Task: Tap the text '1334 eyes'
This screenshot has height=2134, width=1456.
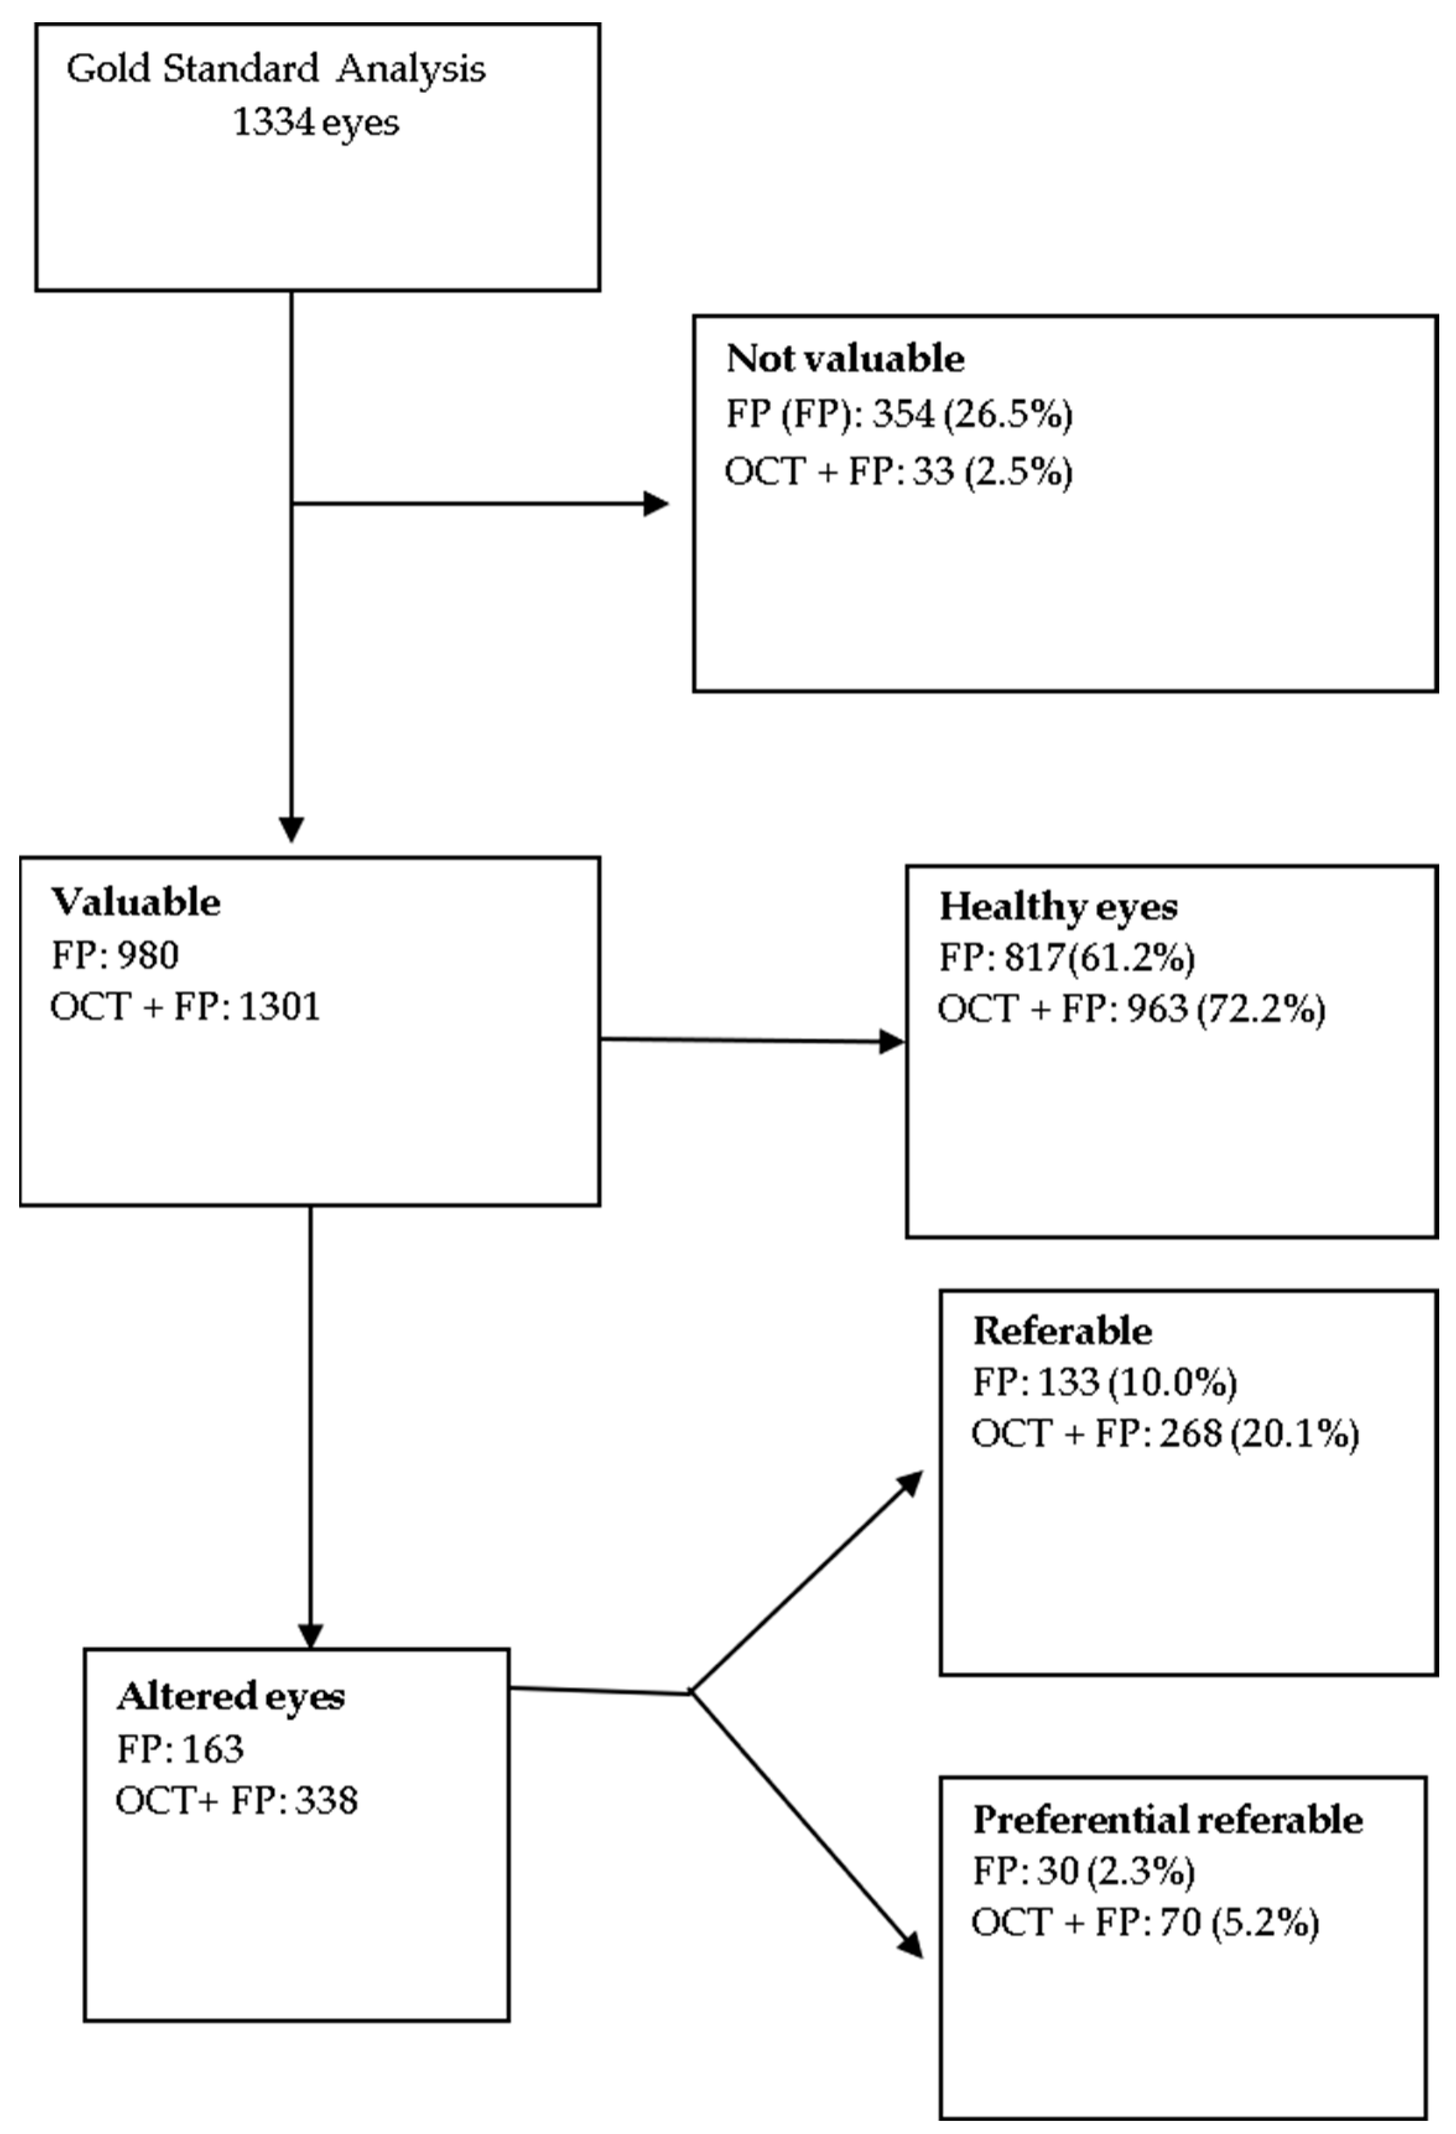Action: (315, 122)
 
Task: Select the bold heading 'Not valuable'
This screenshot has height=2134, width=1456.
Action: (844, 358)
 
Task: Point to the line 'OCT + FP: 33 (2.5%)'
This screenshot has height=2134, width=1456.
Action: (898, 472)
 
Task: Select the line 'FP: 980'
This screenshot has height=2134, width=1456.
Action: (115, 955)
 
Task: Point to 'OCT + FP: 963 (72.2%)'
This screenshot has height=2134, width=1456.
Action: (1131, 1009)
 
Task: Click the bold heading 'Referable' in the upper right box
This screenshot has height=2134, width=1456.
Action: (1062, 1331)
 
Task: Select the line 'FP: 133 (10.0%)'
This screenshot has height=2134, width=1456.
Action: (1104, 1382)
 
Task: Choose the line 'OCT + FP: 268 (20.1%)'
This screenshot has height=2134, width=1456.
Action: (1165, 1433)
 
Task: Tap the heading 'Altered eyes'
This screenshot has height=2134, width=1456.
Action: (230, 1696)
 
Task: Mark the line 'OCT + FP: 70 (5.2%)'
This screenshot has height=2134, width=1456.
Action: (1145, 1923)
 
